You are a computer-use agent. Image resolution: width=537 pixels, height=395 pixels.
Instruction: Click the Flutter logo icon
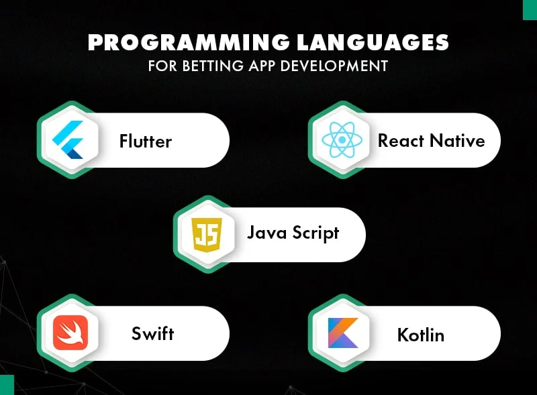tap(68, 141)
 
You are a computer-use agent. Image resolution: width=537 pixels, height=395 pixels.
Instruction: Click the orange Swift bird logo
tap(70, 333)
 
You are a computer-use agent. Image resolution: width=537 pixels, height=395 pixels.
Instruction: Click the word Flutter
tap(146, 142)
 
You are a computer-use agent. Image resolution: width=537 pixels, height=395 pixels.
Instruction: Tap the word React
tap(400, 141)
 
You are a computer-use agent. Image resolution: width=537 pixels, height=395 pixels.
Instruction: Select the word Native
tap(456, 141)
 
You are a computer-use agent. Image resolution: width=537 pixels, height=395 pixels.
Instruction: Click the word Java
tap(267, 233)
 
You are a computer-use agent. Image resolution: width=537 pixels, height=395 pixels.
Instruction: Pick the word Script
tap(316, 233)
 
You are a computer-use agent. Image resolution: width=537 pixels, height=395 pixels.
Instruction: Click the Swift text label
tap(153, 333)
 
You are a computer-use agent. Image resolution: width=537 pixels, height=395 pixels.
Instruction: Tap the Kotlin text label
tap(420, 333)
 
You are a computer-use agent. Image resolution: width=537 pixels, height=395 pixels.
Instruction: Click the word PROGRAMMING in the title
tap(179, 42)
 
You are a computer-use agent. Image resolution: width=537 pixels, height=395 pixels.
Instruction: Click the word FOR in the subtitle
tap(160, 66)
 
